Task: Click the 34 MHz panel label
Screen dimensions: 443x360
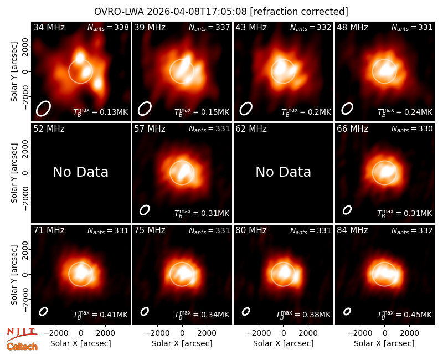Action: tap(49, 27)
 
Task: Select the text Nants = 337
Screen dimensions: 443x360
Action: tap(209, 28)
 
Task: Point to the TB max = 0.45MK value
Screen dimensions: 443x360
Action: tap(405, 314)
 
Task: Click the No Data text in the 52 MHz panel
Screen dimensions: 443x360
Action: tap(80, 172)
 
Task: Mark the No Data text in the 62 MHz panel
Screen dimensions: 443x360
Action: tap(283, 172)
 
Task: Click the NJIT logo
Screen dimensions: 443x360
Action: tap(22, 334)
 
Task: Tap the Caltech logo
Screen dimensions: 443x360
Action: tap(22, 347)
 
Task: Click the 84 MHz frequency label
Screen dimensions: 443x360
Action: tap(352, 230)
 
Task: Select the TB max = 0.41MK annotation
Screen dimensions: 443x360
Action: tap(101, 314)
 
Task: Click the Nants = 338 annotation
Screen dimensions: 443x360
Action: tap(108, 28)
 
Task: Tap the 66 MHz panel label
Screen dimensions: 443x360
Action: tap(352, 129)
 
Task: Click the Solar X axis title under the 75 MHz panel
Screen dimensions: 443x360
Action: tap(182, 343)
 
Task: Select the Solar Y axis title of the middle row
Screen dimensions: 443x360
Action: tap(14, 173)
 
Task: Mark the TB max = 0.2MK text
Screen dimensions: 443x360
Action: tap(306, 111)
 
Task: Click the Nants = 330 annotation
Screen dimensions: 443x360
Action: tap(412, 129)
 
